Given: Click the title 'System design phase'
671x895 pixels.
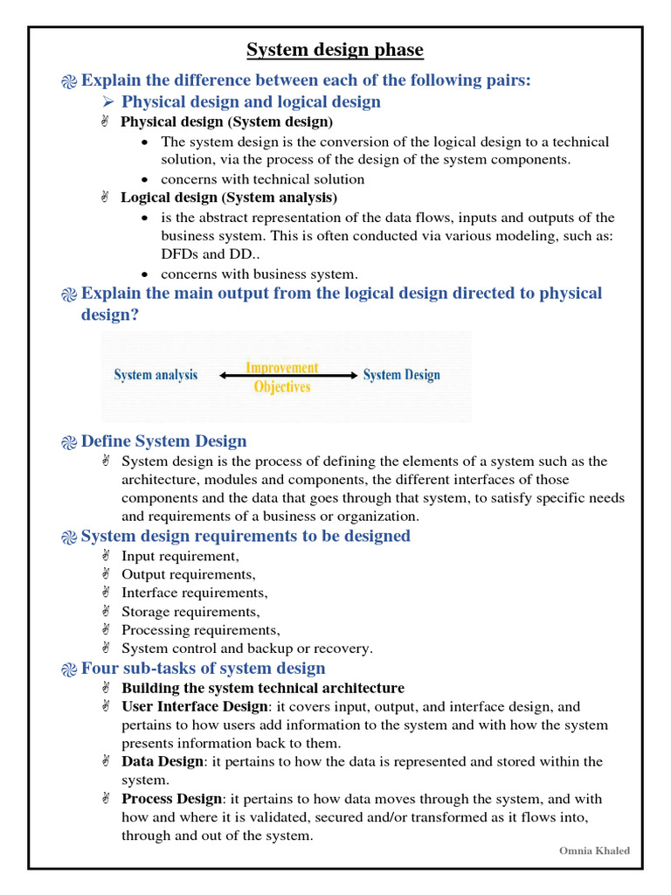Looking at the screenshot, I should (335, 50).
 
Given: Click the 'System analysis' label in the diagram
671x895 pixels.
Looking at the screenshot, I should (156, 375).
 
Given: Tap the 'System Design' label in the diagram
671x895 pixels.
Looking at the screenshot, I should (401, 375).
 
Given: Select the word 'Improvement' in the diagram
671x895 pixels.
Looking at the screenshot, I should (281, 368).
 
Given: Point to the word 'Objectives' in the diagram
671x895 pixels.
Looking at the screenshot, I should (281, 386).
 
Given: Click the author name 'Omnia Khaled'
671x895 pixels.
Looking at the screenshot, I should (594, 850).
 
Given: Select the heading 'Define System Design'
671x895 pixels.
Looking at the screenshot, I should (163, 441).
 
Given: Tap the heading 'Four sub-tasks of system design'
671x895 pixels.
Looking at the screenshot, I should (203, 669).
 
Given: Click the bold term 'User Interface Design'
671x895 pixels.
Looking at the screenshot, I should (195, 706).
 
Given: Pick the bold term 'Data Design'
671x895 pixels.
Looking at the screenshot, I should (163, 761).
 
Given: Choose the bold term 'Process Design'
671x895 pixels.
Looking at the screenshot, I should (172, 799).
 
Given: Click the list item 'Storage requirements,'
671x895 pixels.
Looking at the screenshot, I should (190, 612).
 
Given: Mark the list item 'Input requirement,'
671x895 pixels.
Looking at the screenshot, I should (180, 556).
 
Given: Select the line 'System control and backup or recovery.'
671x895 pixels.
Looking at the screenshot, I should (247, 649).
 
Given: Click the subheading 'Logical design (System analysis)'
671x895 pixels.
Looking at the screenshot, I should (229, 198).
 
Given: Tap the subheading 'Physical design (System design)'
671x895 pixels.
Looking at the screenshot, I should (226, 121).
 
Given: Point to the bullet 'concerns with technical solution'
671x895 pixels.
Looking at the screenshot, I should (263, 179).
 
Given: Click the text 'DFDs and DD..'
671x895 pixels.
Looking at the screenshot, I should (204, 254).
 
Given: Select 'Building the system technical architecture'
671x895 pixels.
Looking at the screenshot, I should (263, 688).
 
